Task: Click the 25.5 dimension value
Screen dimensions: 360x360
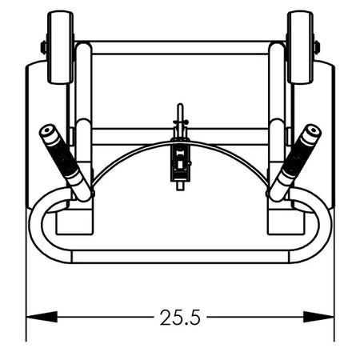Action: (x=180, y=318)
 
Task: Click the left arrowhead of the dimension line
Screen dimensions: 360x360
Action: (x=42, y=317)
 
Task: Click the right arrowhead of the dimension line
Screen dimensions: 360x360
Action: (x=318, y=317)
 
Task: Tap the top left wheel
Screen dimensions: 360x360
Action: (x=61, y=47)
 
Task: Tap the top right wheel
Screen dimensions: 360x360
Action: (x=300, y=47)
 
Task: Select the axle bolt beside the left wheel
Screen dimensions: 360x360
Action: (x=44, y=47)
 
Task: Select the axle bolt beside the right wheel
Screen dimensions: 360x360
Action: (x=317, y=47)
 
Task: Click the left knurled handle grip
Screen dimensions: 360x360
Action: (x=63, y=156)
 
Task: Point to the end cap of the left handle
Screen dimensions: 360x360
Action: (x=48, y=132)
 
